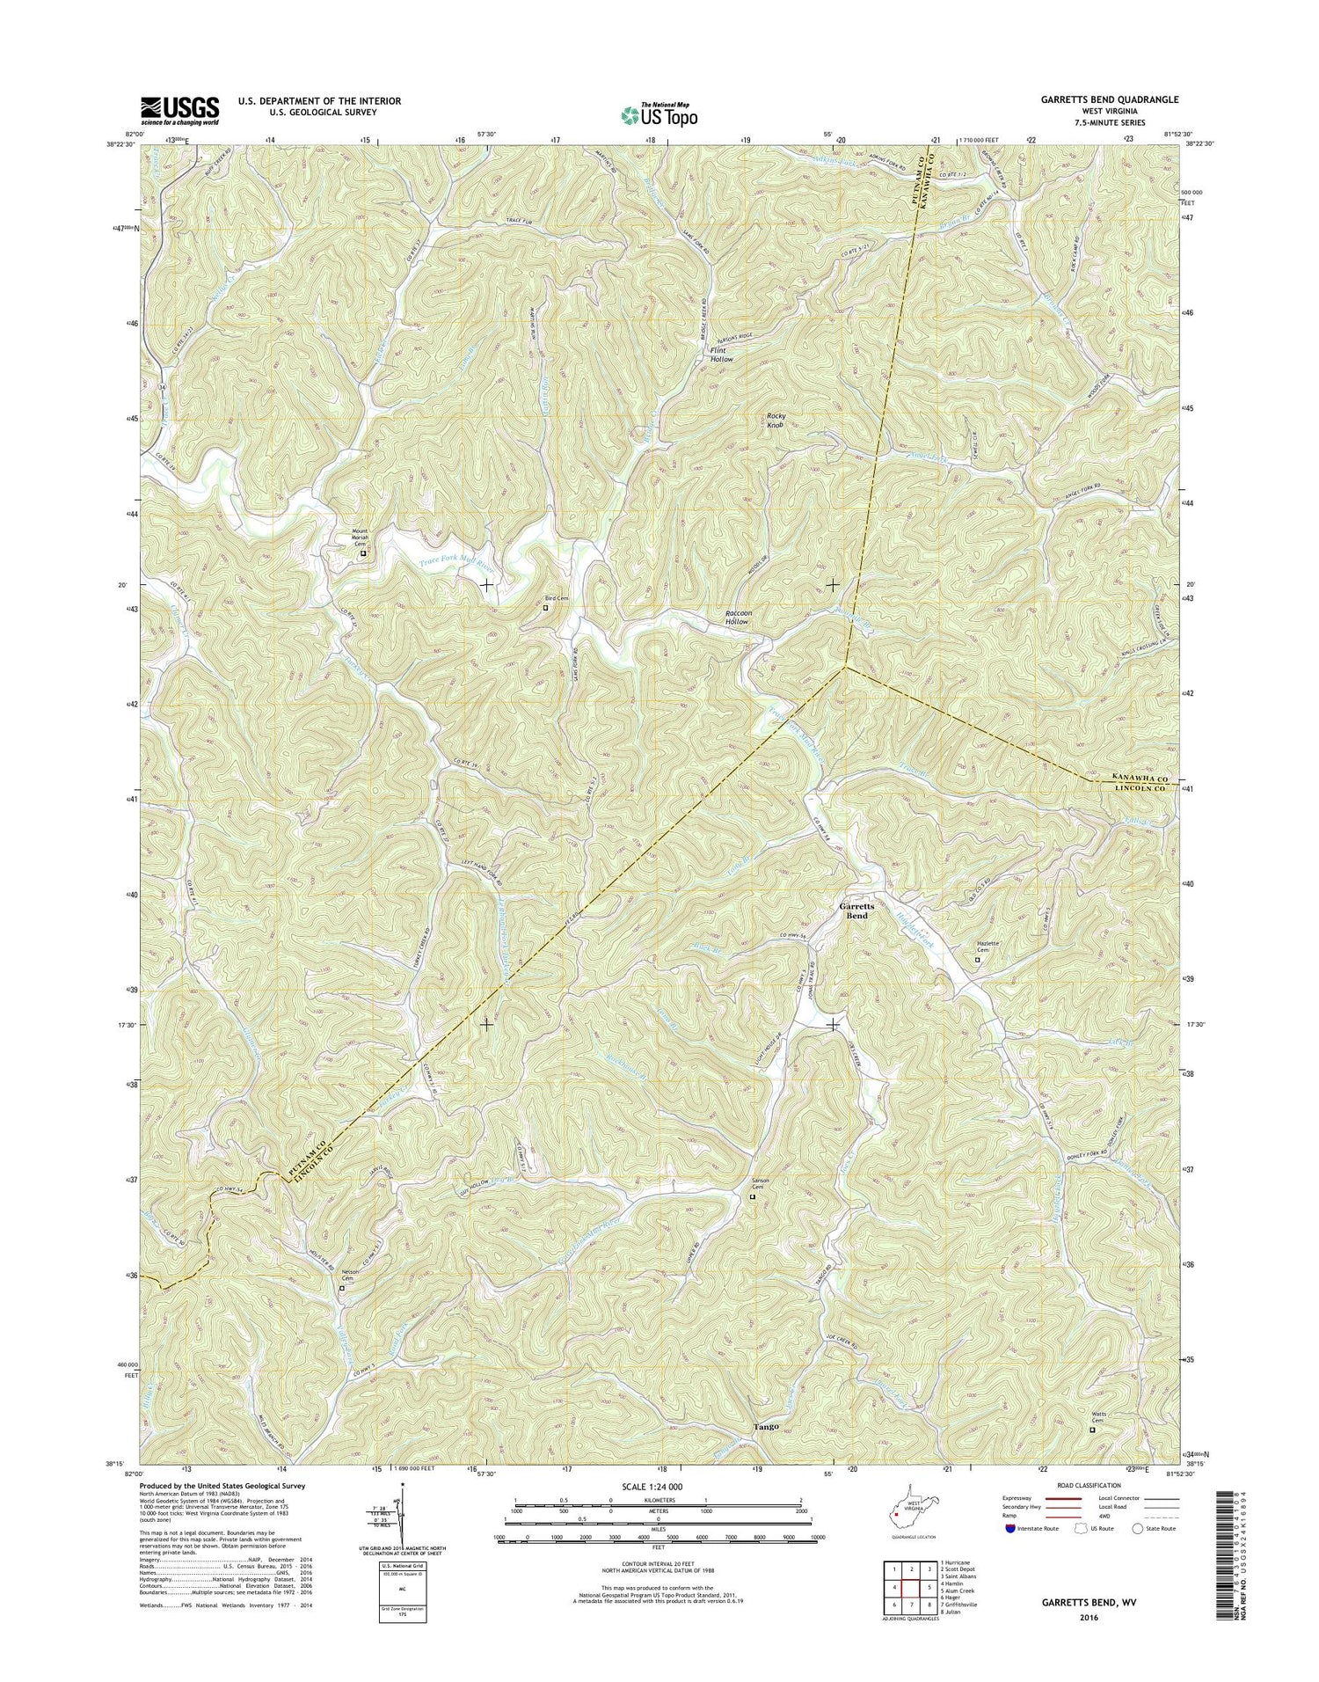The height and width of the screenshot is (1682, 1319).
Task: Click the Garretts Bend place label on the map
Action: click(852, 910)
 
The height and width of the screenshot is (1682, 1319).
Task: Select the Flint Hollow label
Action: click(721, 355)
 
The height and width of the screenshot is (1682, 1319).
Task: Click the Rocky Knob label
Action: click(775, 420)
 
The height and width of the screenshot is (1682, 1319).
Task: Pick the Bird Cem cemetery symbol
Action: click(545, 606)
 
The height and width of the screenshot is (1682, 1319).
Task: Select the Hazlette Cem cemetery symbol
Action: click(977, 960)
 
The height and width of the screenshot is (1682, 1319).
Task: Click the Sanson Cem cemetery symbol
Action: click(752, 1196)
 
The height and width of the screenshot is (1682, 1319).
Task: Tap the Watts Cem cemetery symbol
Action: click(1093, 1430)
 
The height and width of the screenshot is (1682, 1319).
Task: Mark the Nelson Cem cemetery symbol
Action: click(343, 1288)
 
